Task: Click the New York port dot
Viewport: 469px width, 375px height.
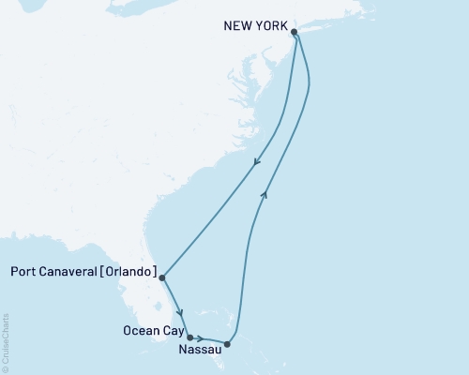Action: pyautogui.click(x=295, y=32)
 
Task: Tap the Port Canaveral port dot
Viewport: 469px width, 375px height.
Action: pyautogui.click(x=162, y=277)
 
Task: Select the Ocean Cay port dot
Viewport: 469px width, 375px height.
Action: pyautogui.click(x=189, y=337)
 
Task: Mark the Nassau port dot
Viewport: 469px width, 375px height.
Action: pyautogui.click(x=228, y=344)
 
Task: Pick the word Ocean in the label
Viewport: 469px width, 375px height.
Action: pyautogui.click(x=138, y=330)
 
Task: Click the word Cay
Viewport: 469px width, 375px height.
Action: pyautogui.click(x=170, y=330)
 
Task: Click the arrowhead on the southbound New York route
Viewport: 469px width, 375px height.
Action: pyautogui.click(x=256, y=166)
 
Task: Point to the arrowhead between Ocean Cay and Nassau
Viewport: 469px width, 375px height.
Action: pyautogui.click(x=200, y=338)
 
